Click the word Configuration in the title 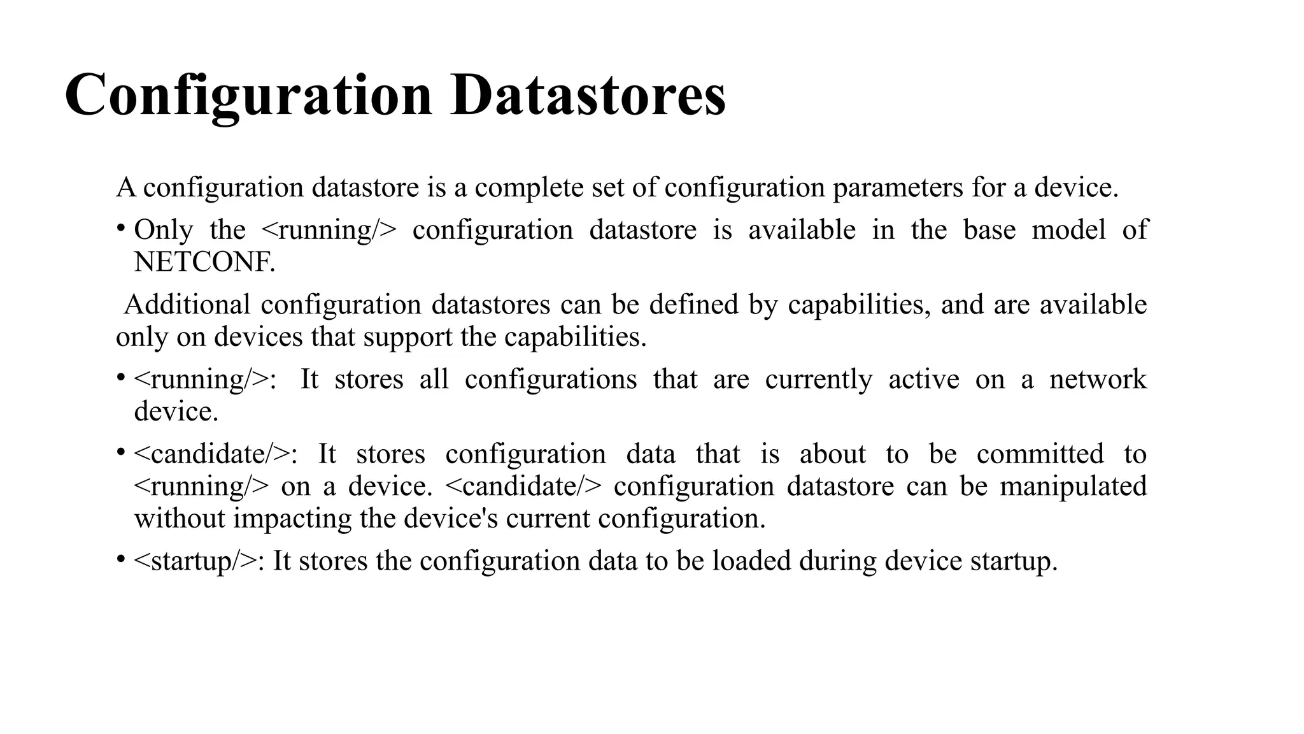[248, 96]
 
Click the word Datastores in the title [588, 96]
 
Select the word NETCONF [204, 262]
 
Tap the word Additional [187, 305]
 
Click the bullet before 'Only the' [120, 228]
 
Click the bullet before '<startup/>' [120, 559]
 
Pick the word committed [1040, 454]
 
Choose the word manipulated [1073, 486]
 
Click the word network [1098, 379]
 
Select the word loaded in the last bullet [751, 561]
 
